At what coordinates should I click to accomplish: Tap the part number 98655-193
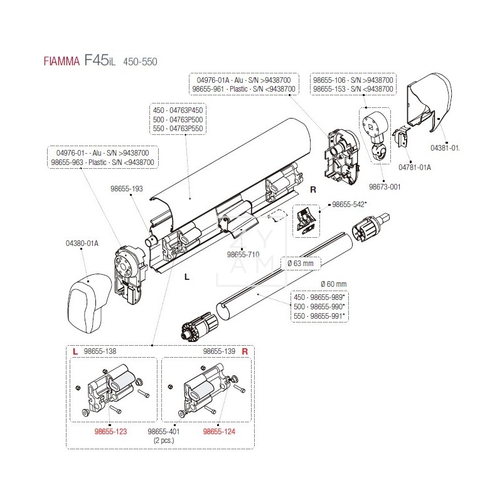tap(127, 188)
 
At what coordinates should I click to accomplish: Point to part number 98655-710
tap(241, 255)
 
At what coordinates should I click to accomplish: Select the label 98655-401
tap(164, 432)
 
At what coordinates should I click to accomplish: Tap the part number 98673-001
tap(385, 186)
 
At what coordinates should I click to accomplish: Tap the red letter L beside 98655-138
tap(75, 352)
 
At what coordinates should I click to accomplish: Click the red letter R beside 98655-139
tap(245, 352)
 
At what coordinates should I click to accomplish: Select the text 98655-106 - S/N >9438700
tap(355, 80)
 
